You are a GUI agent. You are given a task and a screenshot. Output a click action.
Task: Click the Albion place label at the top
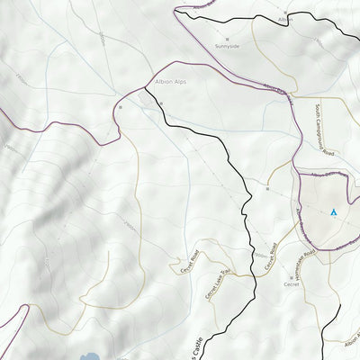(x=285, y=19)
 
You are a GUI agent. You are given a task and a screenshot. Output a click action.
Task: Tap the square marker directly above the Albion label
(x=286, y=11)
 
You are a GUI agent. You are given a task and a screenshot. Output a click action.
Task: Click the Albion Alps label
(x=175, y=81)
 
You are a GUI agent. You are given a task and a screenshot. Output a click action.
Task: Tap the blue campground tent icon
(x=333, y=212)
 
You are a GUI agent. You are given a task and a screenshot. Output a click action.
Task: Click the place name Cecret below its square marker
(x=291, y=284)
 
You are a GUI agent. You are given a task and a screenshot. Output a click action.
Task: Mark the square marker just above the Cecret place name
(x=291, y=275)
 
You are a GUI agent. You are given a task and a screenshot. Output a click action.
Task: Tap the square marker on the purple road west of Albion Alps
(x=119, y=107)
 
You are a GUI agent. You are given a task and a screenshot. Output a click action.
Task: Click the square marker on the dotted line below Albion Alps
(x=161, y=104)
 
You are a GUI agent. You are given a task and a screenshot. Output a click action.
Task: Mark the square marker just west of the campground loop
(x=267, y=190)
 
